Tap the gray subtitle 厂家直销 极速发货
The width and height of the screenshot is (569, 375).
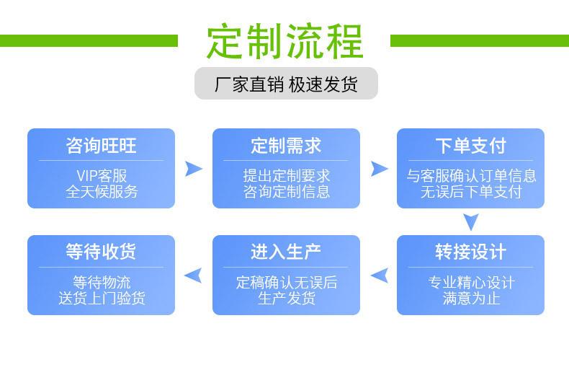point(286,84)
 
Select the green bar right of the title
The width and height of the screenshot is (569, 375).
point(479,40)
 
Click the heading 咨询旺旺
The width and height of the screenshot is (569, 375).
point(101,146)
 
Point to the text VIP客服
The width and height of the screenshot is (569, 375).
point(101,175)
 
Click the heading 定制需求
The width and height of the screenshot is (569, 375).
point(286,146)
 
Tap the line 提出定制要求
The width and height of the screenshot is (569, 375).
point(286,175)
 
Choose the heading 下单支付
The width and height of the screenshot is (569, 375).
point(470,146)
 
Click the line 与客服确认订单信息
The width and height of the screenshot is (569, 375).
point(470,175)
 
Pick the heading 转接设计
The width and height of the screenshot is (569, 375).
point(470,252)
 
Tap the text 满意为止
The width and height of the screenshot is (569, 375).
point(470,297)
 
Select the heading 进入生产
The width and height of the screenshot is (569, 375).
point(286,252)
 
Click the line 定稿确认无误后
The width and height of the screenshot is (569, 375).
point(286,282)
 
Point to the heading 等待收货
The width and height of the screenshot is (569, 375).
point(101,252)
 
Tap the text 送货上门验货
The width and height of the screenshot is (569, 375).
point(101,297)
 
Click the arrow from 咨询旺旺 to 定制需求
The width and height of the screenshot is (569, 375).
point(193,169)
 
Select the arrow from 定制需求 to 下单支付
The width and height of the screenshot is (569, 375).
point(379,169)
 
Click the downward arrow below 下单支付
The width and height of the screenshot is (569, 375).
point(471,221)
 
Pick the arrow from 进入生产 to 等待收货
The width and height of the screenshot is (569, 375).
point(193,275)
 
